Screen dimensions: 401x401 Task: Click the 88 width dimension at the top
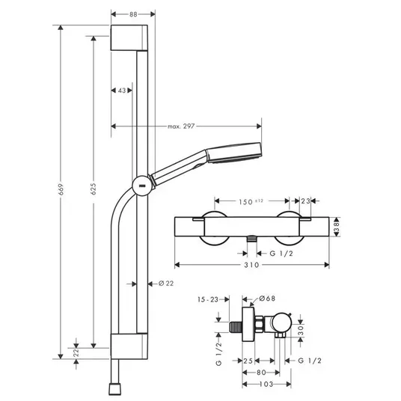tap(133, 14)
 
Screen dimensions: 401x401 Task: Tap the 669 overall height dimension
tap(61, 189)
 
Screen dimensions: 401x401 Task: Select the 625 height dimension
tap(94, 189)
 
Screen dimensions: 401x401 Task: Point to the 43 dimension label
tap(122, 91)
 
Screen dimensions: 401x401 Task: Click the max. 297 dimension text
tap(181, 126)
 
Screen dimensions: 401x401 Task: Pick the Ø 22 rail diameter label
tap(166, 284)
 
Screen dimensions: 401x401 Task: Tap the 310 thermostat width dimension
tap(251, 265)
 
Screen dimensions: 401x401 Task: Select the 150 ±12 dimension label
tap(251, 202)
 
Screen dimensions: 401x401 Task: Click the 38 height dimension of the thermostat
tap(337, 227)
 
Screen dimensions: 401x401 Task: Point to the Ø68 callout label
tap(267, 299)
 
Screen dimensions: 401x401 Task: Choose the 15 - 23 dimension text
tap(208, 299)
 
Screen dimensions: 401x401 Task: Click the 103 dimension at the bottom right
tap(266, 384)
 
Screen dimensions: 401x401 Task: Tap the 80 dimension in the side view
tap(261, 373)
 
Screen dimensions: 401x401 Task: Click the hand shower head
tap(233, 153)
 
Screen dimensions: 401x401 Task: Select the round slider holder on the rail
tap(141, 186)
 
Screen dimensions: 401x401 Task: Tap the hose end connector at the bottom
tap(114, 389)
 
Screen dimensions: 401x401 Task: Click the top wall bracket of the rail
tap(129, 37)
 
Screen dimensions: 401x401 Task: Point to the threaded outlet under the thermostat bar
tap(251, 239)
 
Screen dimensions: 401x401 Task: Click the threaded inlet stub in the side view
tap(235, 327)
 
